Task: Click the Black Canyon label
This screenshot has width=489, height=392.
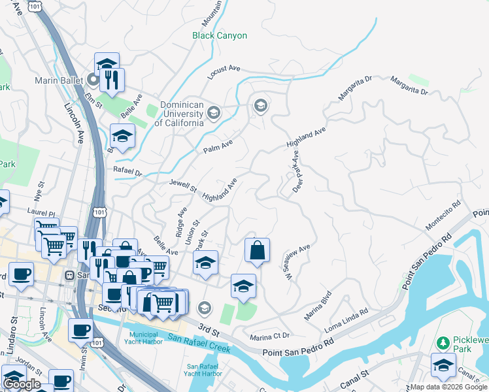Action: coord(220,36)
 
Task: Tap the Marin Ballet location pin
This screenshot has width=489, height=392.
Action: coord(92,80)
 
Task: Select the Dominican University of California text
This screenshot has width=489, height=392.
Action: coord(178,114)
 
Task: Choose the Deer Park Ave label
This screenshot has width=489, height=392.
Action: coord(295,171)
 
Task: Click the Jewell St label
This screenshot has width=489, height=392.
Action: coord(184,186)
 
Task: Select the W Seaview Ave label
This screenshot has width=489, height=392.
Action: coord(295,259)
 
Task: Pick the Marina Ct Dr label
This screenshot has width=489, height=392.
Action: coord(269,336)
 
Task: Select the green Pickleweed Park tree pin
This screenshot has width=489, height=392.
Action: coord(443,343)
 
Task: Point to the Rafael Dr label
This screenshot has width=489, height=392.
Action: coord(127,173)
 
